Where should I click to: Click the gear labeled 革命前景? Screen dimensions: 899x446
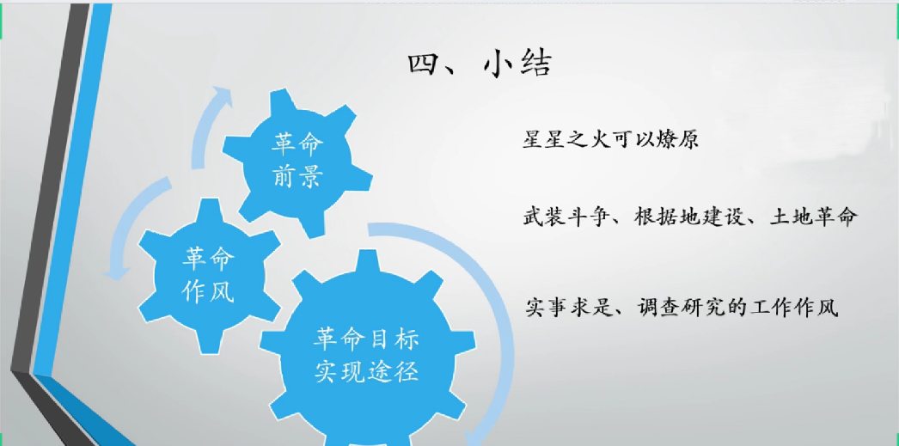pyautogui.click(x=297, y=162)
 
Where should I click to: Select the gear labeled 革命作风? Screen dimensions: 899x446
pyautogui.click(x=209, y=275)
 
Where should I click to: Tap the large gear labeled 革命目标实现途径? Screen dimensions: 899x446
pyautogui.click(x=367, y=351)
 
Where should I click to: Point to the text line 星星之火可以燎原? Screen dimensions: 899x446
pyautogui.click(x=610, y=139)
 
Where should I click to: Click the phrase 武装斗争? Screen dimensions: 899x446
pyautogui.click(x=566, y=217)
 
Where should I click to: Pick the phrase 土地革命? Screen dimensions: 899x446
pyautogui.click(x=814, y=217)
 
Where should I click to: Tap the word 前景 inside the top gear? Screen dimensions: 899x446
pyautogui.click(x=297, y=177)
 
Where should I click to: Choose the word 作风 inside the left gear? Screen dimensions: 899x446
pyautogui.click(x=208, y=292)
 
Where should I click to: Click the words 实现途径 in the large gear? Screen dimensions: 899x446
pyautogui.click(x=367, y=371)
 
